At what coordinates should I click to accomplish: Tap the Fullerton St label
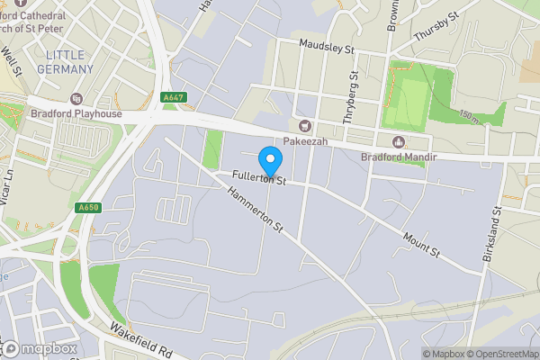257,178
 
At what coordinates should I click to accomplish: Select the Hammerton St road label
255,208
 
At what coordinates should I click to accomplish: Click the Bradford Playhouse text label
76,114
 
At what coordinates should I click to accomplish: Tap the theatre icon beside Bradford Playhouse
76,98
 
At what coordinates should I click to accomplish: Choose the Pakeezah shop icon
304,125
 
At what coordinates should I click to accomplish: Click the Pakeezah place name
304,141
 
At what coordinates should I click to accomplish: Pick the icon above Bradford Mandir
398,141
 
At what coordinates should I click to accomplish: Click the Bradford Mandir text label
398,157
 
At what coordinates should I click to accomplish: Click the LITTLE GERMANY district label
68,62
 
